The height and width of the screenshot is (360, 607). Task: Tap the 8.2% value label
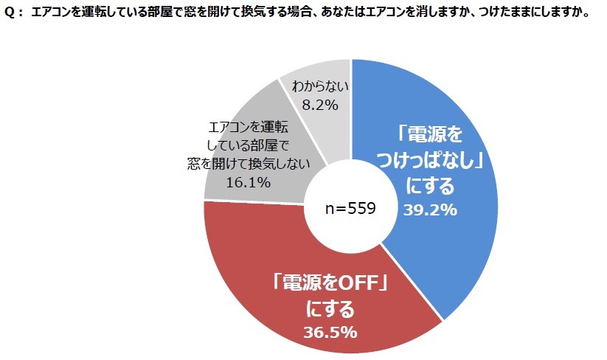pos(320,105)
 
